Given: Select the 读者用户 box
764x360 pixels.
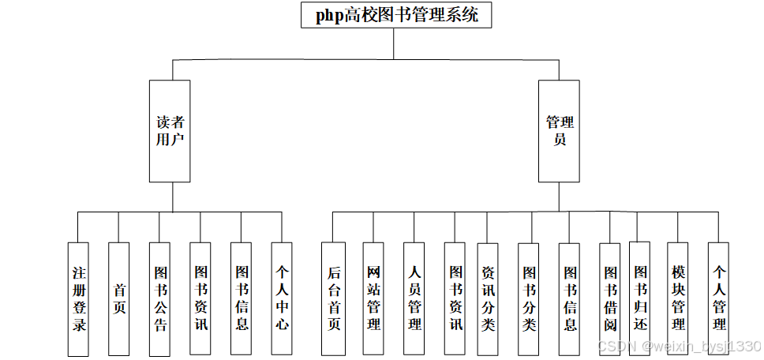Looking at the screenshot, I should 170,131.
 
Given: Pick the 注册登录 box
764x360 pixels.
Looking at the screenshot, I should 78,298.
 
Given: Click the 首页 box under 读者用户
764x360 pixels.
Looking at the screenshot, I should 119,298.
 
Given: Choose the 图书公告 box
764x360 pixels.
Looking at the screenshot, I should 160,298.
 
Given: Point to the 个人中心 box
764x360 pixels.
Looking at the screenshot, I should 282,298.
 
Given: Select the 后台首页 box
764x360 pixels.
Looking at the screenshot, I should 333,298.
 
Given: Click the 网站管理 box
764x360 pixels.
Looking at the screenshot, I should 373,298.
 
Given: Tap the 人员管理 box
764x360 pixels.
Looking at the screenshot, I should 414,298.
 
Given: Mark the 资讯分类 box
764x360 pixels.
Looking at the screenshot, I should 488,298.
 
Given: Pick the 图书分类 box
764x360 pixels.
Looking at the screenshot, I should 529,298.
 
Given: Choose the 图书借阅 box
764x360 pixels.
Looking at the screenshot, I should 610,298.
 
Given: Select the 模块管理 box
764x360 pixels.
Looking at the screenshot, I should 678,298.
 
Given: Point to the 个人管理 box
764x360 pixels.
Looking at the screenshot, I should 718,298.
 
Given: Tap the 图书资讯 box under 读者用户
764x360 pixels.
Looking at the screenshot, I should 200,298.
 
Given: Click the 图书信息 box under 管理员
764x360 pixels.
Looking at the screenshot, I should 570,298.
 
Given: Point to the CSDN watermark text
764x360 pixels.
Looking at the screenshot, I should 679,347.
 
